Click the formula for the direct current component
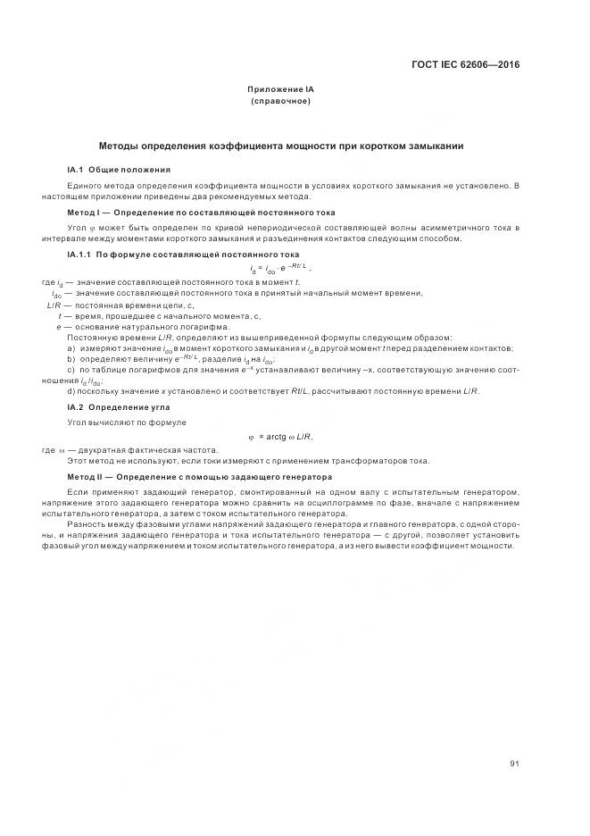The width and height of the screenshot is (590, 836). [x=281, y=268]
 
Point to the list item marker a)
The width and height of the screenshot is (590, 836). [x=71, y=347]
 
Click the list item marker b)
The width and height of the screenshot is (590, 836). [x=71, y=358]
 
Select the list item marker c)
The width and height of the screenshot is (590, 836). [x=71, y=369]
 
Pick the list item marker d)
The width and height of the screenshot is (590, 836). [x=71, y=391]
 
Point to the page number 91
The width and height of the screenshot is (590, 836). [x=514, y=738]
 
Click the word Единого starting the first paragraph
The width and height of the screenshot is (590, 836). [x=85, y=185]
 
